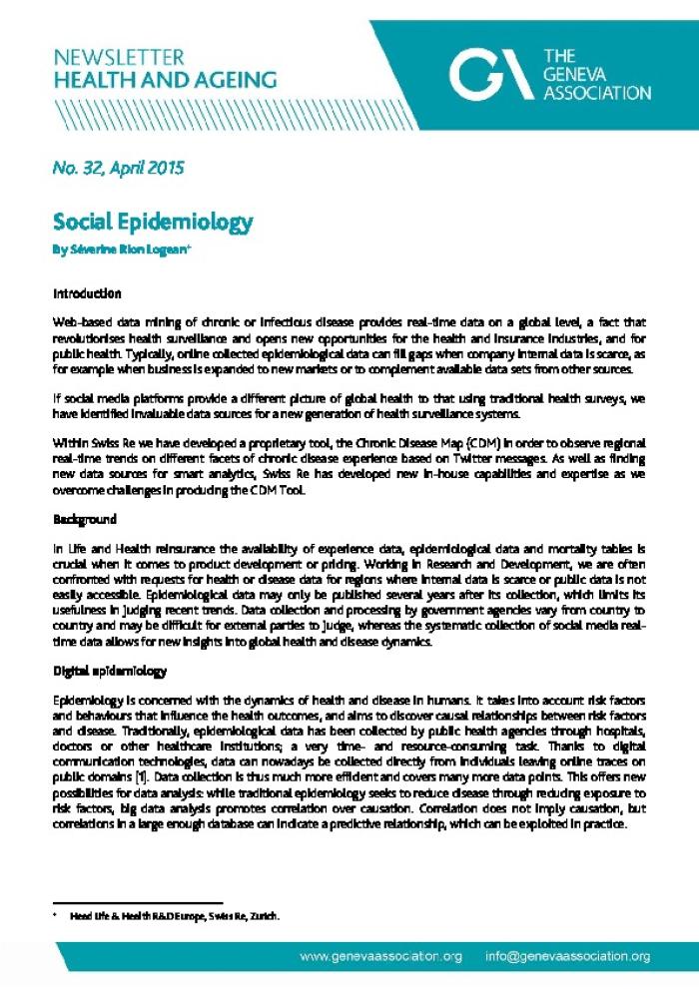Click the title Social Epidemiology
(153, 222)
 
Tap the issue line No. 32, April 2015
(118, 168)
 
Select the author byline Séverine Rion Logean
(121, 249)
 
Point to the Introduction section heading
(87, 294)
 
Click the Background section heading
(85, 520)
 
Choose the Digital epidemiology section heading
(110, 644)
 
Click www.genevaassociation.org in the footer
(381, 956)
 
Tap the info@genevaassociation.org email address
(568, 956)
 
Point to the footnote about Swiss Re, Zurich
(174, 915)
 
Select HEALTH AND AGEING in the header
(165, 80)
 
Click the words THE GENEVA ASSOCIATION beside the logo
(596, 75)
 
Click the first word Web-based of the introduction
(83, 326)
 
